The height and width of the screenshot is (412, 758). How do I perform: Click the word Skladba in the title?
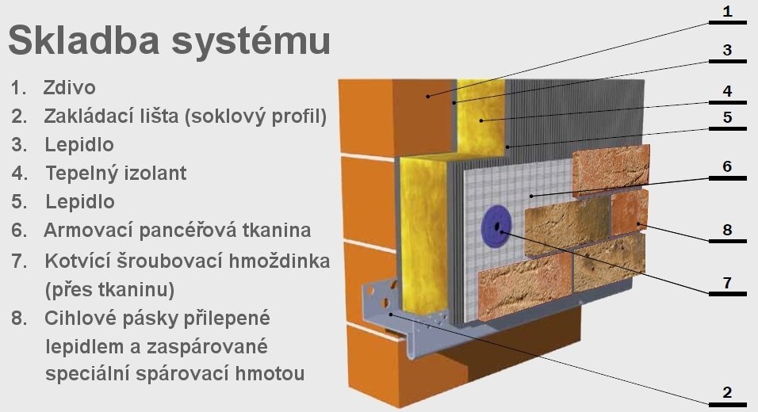pyautogui.click(x=83, y=40)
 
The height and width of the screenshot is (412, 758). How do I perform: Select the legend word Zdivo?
pyautogui.click(x=69, y=88)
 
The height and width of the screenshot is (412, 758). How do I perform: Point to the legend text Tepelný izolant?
pyautogui.click(x=116, y=173)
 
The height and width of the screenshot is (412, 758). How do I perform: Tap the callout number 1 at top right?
pyautogui.click(x=728, y=11)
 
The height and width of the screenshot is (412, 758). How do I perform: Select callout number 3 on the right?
pyautogui.click(x=728, y=50)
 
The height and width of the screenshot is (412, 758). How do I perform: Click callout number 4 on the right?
pyautogui.click(x=728, y=91)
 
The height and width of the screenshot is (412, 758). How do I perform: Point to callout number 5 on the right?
pyautogui.click(x=728, y=117)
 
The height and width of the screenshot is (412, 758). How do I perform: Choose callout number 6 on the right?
pyautogui.click(x=728, y=166)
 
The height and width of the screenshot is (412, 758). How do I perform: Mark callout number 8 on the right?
pyautogui.click(x=728, y=230)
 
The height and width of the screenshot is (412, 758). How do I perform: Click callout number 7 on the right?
pyautogui.click(x=728, y=283)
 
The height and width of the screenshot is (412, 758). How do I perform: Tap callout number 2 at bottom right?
pyautogui.click(x=728, y=392)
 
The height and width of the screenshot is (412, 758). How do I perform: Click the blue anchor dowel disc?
pyautogui.click(x=496, y=227)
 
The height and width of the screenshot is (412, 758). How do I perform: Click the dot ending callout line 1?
pyautogui.click(x=428, y=97)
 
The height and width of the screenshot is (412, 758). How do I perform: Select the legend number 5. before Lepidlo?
pyautogui.click(x=19, y=202)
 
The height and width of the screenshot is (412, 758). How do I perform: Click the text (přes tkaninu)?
pyautogui.click(x=109, y=290)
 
